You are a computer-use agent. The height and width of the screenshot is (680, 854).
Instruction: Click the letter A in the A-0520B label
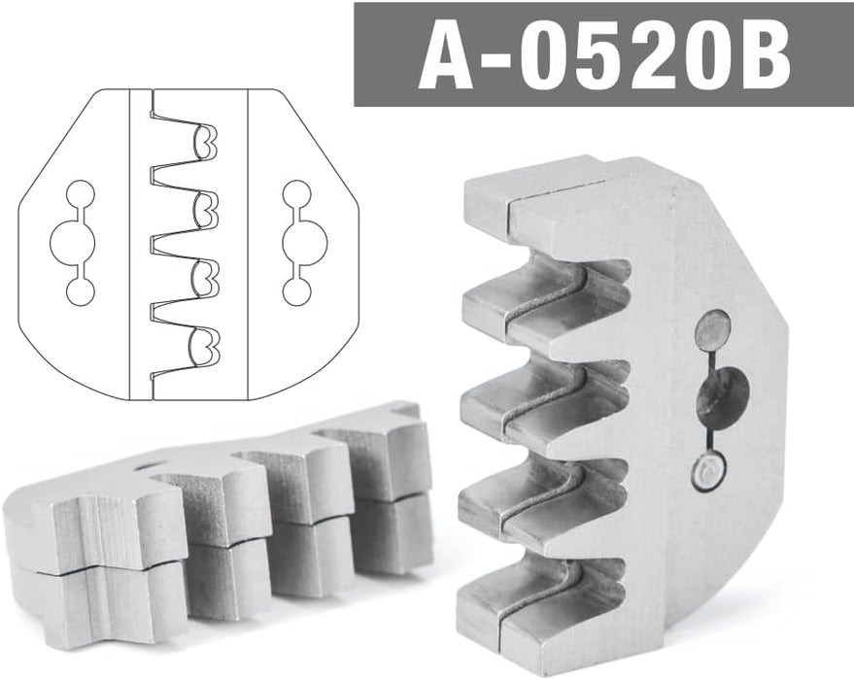tap(446, 55)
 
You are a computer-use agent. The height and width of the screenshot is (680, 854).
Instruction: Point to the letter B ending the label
tap(762, 55)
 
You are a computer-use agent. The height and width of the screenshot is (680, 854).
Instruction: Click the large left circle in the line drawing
tap(73, 242)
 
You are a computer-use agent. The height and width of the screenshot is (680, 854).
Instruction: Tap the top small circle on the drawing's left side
tap(80, 194)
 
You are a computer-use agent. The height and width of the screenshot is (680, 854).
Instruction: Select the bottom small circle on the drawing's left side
tap(80, 290)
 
